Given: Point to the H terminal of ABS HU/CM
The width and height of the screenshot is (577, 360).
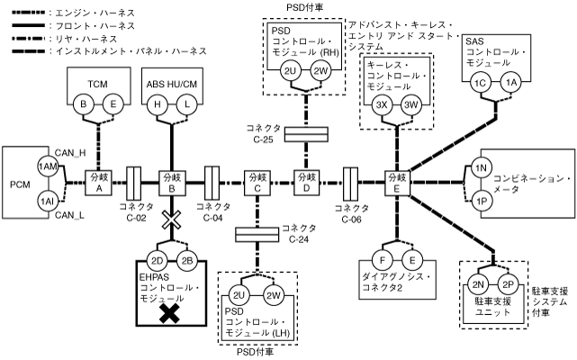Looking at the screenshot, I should (158, 105).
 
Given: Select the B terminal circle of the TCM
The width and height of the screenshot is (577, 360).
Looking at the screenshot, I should (86, 105).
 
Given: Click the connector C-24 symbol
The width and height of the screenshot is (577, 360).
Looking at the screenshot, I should (257, 235).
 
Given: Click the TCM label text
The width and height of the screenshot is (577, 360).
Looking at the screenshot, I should (98, 82).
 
